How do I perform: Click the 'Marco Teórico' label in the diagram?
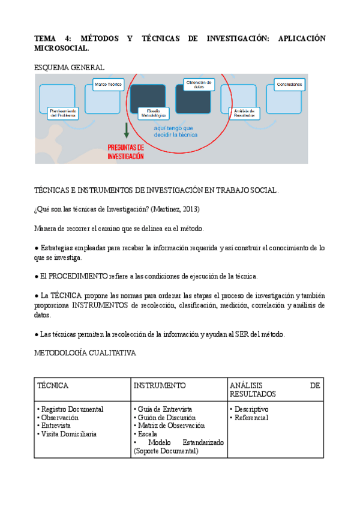(109, 85)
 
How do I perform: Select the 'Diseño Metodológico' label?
(154, 113)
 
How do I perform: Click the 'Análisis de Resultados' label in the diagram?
(245, 113)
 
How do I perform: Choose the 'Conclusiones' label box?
(289, 85)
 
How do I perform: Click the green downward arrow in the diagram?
(127, 130)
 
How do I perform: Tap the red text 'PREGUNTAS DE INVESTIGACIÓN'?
(125, 151)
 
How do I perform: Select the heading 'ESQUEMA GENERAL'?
(70, 68)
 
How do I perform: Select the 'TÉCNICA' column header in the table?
(53, 385)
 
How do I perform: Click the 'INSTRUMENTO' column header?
(159, 385)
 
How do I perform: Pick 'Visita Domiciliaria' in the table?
(70, 434)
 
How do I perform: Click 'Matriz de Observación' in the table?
(171, 426)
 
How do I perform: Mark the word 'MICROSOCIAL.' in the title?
(62, 47)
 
